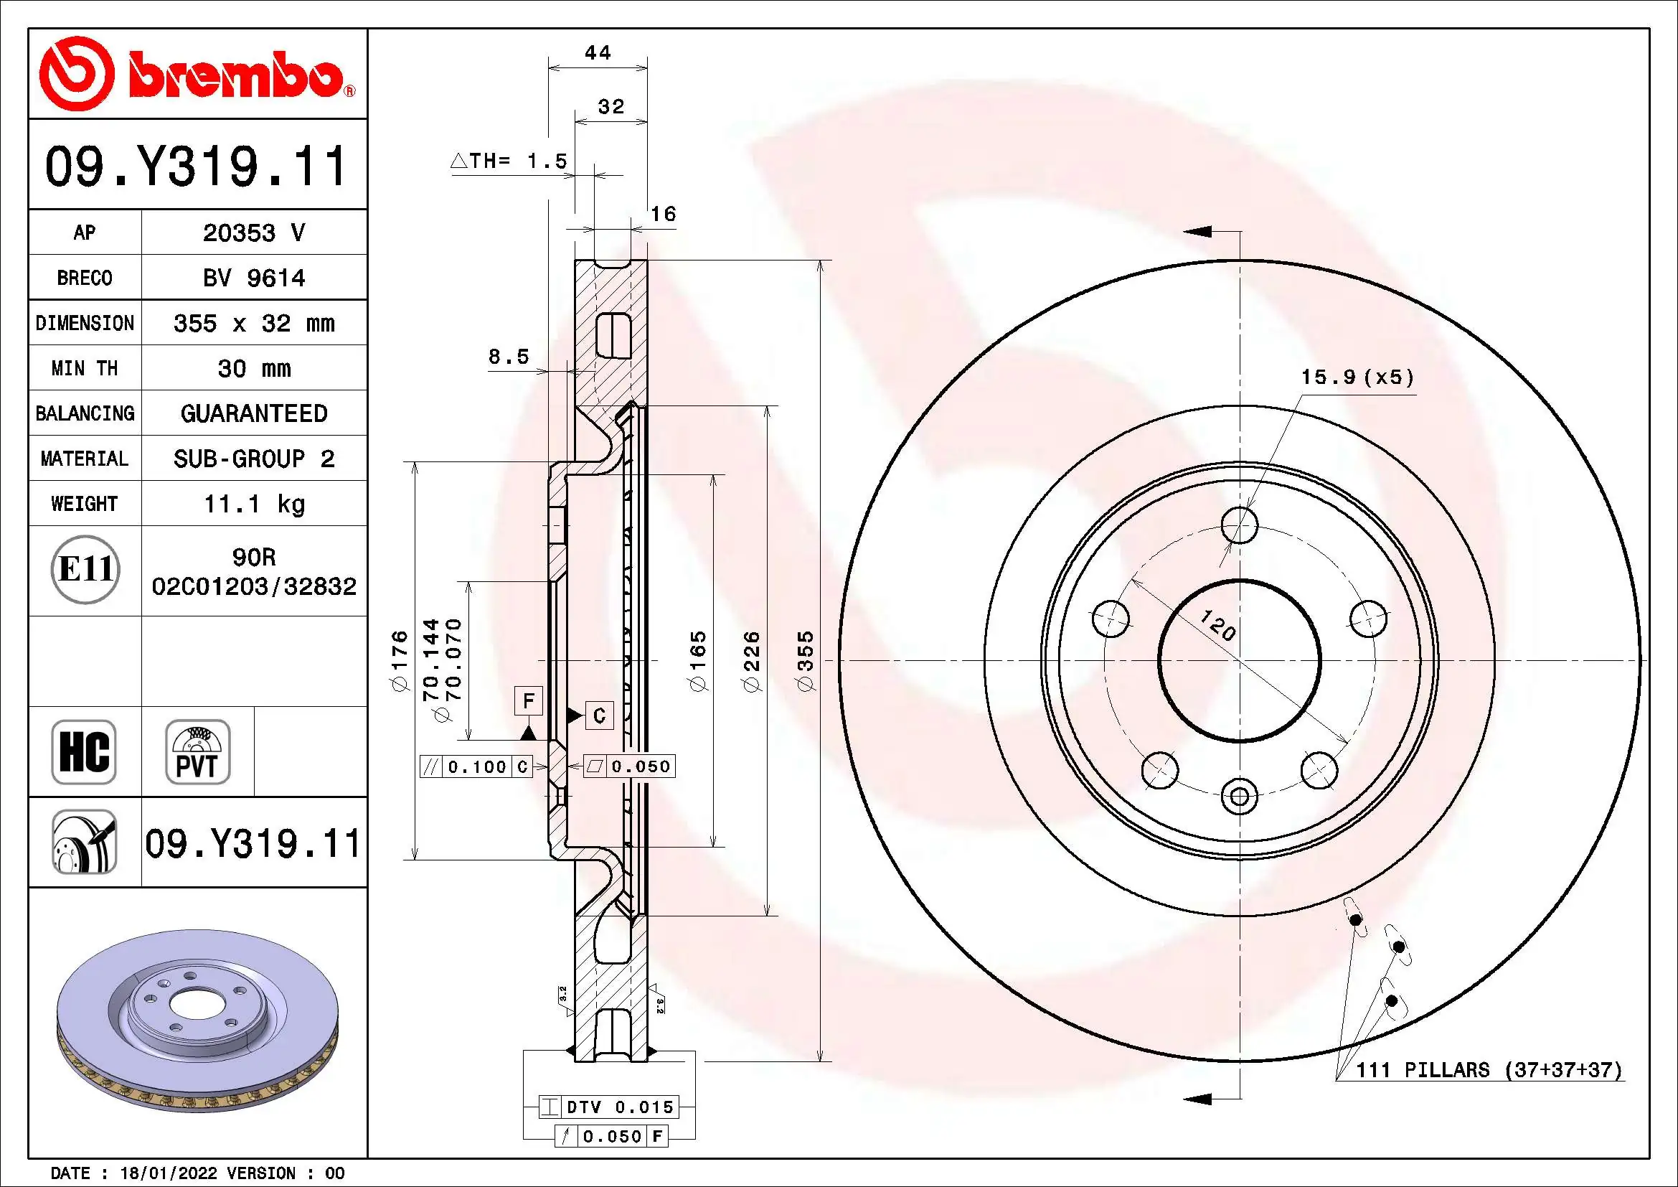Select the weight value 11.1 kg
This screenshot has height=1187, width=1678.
pyautogui.click(x=253, y=504)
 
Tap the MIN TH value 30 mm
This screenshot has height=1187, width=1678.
pyautogui.click(x=253, y=368)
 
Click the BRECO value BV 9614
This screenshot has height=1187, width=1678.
pyautogui.click(x=253, y=278)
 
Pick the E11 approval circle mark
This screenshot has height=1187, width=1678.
pyautogui.click(x=85, y=569)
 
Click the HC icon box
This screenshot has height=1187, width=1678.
pyautogui.click(x=84, y=751)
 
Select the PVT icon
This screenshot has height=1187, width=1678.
pyautogui.click(x=197, y=751)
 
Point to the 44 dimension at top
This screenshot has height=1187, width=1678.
pyautogui.click(x=598, y=52)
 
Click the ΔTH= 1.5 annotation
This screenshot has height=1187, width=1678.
pyautogui.click(x=509, y=161)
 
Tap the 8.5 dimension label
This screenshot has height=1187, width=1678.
pyautogui.click(x=509, y=357)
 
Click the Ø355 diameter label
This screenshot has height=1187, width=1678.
pyautogui.click(x=805, y=662)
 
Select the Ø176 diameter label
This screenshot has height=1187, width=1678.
pyautogui.click(x=399, y=662)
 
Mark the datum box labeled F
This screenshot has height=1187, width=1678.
pyautogui.click(x=529, y=701)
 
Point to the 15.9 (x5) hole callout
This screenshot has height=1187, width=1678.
pyautogui.click(x=1357, y=377)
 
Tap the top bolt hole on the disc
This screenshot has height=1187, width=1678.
pyautogui.click(x=1240, y=525)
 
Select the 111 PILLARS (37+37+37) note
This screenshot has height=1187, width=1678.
pyautogui.click(x=1488, y=1070)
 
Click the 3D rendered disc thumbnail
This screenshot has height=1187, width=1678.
pyautogui.click(x=197, y=1020)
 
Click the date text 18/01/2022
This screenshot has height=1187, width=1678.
pyautogui.click(x=168, y=1173)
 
